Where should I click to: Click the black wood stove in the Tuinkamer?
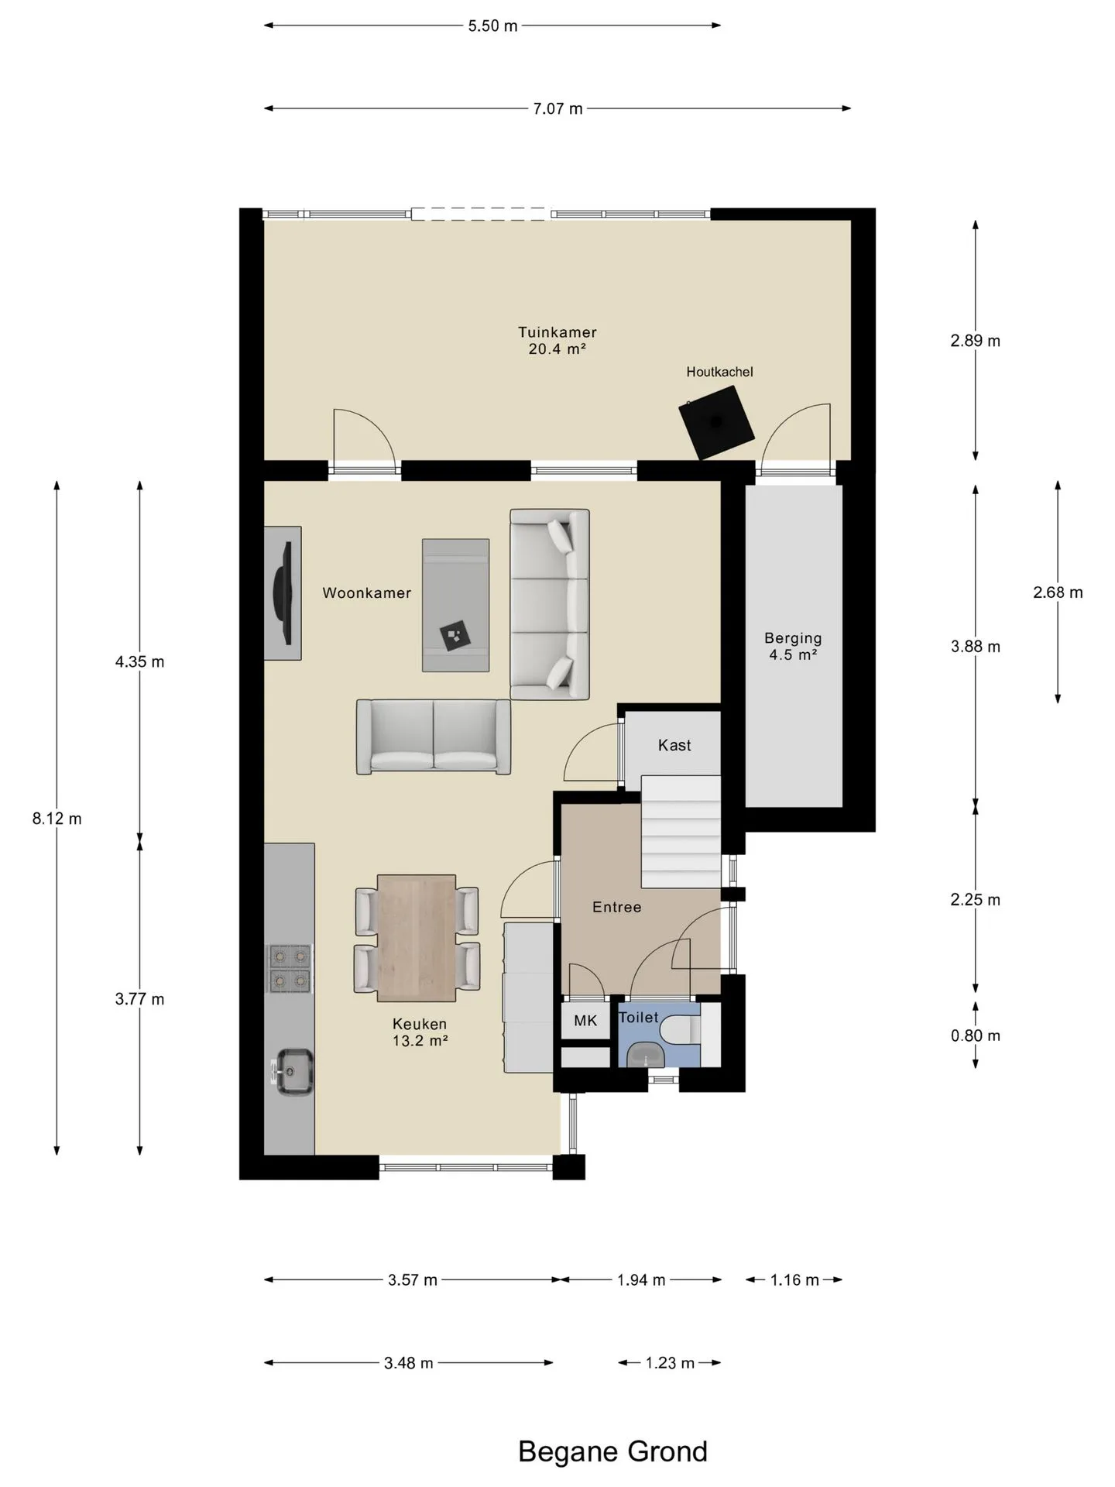[x=716, y=423]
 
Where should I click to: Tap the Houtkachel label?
[x=719, y=372]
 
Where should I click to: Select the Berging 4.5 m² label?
[x=793, y=647]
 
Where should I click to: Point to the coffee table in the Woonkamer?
[x=455, y=605]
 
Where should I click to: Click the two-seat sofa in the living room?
[x=434, y=737]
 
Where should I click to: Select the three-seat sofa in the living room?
[x=550, y=604]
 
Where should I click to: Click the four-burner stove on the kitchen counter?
[x=290, y=968]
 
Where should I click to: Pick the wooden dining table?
[x=417, y=938]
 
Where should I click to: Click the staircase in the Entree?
[x=681, y=832]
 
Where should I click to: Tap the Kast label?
[x=674, y=745]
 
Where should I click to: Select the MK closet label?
[x=585, y=1021]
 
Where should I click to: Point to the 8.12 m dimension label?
[x=57, y=819]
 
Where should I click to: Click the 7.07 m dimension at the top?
[x=557, y=108]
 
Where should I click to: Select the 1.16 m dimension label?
[x=794, y=1279]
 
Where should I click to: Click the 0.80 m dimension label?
[x=976, y=1035]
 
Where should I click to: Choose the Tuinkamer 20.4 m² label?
[x=557, y=341]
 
